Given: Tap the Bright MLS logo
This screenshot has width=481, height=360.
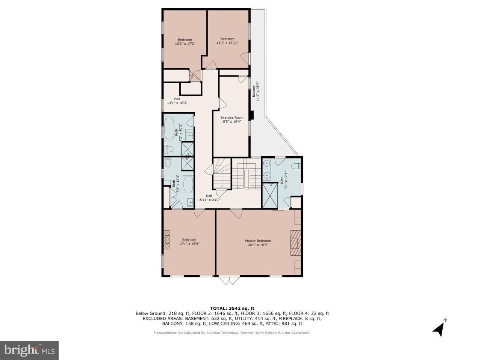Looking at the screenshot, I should point(29,350).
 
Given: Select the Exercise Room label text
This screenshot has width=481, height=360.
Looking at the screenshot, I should point(232,117).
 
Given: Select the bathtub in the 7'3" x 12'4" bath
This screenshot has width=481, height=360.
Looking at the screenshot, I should point(188,184).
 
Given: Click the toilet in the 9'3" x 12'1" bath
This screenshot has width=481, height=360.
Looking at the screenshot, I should point(296,166).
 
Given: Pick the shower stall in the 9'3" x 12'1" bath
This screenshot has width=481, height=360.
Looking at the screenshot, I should point(270,195).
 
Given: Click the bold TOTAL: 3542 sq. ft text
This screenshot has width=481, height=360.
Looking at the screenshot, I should point(232,308).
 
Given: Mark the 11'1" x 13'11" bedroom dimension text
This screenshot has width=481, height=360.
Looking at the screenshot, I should point(227,43).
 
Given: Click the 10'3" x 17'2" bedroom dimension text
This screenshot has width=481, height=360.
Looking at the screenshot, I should point(185,44).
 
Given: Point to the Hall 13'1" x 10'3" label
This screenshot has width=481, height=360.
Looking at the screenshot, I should point(177,101).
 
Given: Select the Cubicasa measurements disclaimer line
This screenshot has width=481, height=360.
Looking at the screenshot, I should point(232,333).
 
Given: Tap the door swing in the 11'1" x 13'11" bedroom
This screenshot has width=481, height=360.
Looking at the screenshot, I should point(245,57).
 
